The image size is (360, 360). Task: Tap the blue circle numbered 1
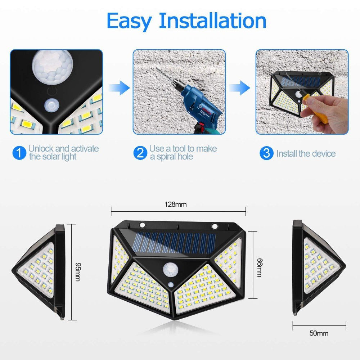point(19,153)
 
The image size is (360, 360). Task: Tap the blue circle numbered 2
point(140,153)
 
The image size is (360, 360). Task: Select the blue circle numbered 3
point(266,153)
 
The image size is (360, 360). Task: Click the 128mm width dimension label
point(176,204)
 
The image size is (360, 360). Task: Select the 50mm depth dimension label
point(319,333)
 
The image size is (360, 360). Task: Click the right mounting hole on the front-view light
point(215,226)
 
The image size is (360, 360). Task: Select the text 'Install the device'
point(306,154)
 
